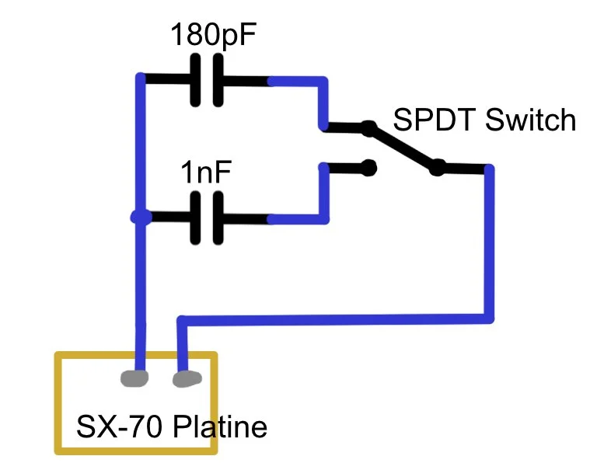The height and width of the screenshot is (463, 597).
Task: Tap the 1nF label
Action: pos(205,172)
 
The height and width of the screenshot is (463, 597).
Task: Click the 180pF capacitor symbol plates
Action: pos(206,80)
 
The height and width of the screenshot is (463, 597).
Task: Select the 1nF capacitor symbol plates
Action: pos(206,218)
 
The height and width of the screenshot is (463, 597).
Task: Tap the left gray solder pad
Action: pos(135,379)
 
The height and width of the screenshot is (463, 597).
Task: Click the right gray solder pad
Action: pos(186,379)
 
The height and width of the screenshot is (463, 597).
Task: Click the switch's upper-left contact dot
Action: pos(368,128)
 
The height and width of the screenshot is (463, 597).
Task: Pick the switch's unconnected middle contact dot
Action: pos(369,166)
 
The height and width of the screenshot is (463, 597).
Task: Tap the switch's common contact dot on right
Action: pos(438,166)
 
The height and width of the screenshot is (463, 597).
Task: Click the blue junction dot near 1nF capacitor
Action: pos(140,218)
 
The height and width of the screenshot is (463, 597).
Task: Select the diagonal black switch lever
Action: pos(403,147)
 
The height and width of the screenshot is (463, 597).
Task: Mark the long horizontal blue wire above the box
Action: pos(334,319)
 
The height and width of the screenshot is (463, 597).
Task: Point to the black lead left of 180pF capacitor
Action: pos(167,79)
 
